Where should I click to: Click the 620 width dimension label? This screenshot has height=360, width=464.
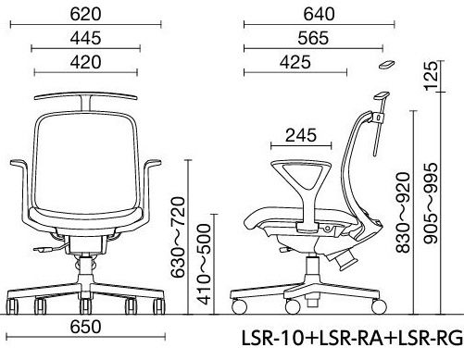coord(85,14)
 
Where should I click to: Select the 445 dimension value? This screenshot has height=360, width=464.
coord(85,38)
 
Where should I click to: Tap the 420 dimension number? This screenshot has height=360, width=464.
coord(85,62)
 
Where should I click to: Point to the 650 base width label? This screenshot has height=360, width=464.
coord(85,327)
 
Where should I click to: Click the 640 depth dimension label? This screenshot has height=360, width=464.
coord(319,14)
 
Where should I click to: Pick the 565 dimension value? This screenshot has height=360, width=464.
coord(313,38)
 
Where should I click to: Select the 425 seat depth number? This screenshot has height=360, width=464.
coord(295,62)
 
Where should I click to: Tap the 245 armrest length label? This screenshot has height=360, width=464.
coord(301,135)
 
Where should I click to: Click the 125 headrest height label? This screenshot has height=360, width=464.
coord(432,76)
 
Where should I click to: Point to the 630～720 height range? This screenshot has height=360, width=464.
coord(178,237)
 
